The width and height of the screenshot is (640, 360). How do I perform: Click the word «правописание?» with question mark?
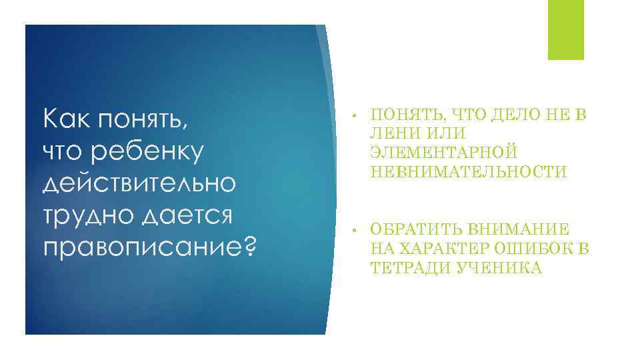(149, 247)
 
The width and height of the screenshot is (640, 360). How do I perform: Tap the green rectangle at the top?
(565, 30)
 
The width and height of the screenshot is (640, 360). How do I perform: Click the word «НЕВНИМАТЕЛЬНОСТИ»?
(469, 172)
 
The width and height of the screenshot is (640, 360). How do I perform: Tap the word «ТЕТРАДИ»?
(407, 269)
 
